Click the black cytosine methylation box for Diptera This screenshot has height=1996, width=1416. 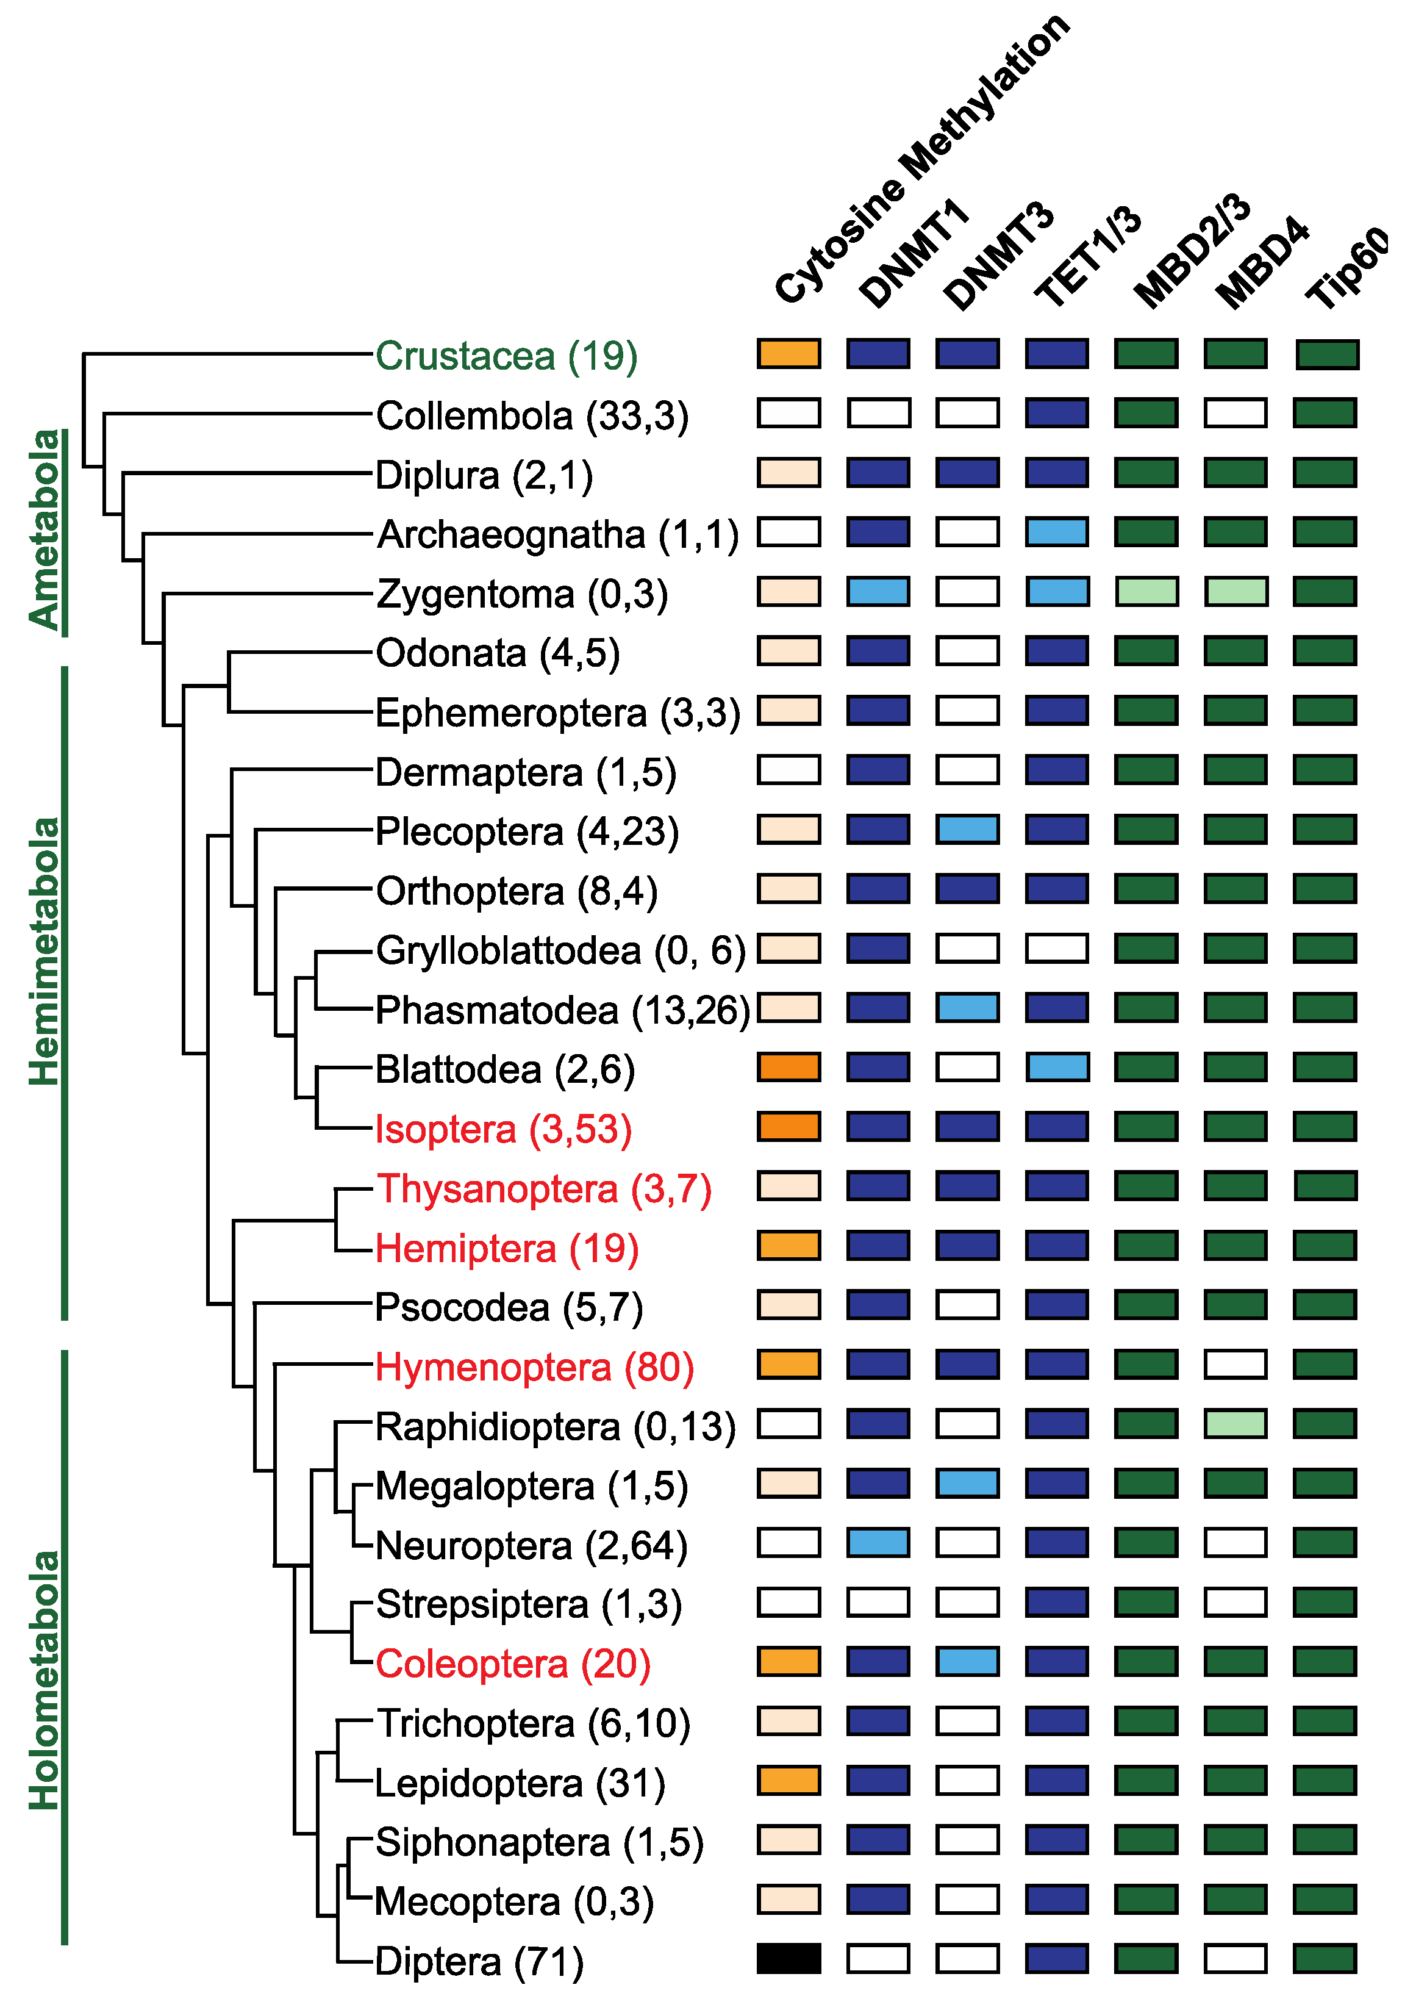pos(788,1959)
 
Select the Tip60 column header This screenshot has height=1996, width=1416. pos(1347,267)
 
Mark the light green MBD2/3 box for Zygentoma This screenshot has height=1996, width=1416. pos(1146,591)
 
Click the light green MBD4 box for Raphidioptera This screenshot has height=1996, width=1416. pos(1235,1424)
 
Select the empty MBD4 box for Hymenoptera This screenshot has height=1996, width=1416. pos(1235,1364)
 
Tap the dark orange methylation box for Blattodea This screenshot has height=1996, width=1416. pos(788,1066)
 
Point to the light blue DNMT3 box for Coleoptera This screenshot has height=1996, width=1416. pos(968,1661)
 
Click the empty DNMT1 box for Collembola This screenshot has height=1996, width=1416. pos(878,412)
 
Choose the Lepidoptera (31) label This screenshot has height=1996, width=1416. pos(520,1783)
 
